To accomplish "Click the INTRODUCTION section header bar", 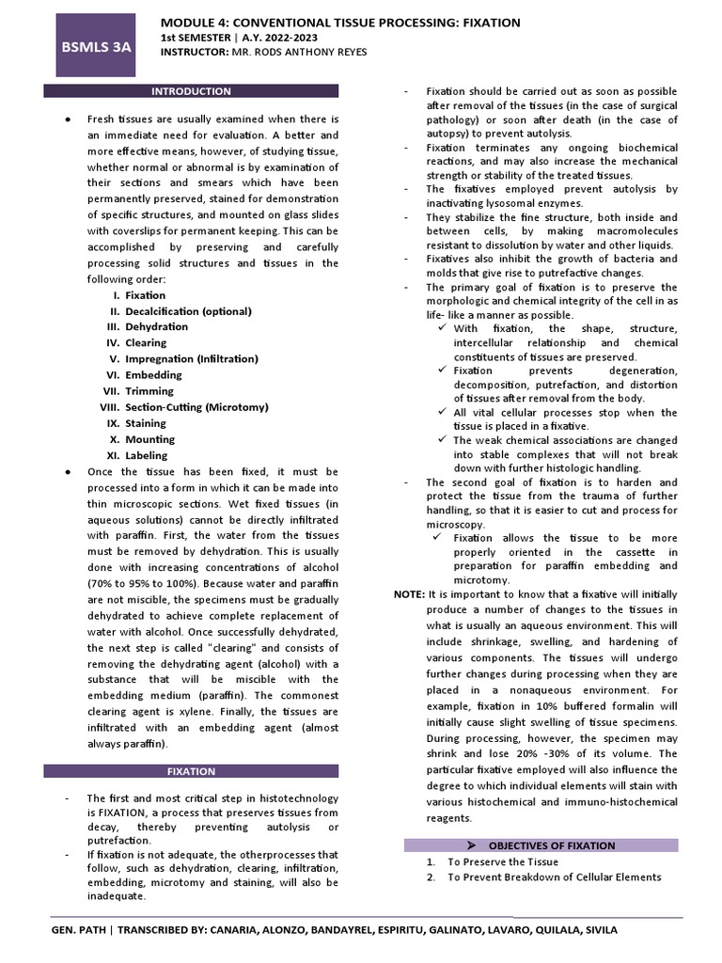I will pyautogui.click(x=192, y=91).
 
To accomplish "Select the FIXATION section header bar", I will pyautogui.click(x=192, y=771).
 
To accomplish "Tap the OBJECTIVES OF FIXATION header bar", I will pyautogui.click(x=541, y=845).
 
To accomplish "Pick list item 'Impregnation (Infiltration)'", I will pyautogui.click(x=192, y=359).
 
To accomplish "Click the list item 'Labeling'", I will pyautogui.click(x=147, y=455).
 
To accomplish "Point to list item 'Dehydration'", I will pyautogui.click(x=157, y=327).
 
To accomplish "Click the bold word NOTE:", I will pyautogui.click(x=409, y=594).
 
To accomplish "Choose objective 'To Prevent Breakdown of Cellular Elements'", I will pyautogui.click(x=554, y=877).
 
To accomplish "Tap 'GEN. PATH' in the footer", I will pyautogui.click(x=80, y=930).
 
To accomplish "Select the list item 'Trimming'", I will pyautogui.click(x=149, y=391).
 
